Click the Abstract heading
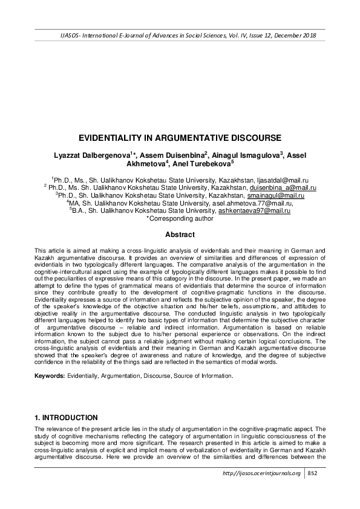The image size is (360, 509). click(180, 235)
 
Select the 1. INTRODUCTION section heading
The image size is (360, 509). click(67, 418)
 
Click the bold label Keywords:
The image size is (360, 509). click(50, 375)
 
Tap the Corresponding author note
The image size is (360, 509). click(180, 218)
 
